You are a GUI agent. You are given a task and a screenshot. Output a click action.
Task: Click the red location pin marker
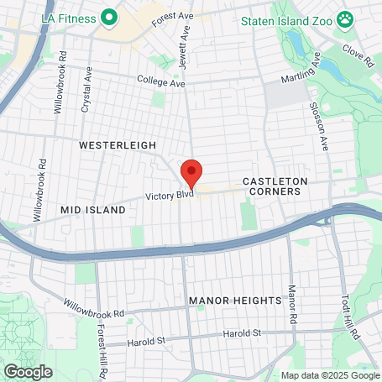pos(191,172)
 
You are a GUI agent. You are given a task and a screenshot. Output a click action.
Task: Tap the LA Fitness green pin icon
pos(108,16)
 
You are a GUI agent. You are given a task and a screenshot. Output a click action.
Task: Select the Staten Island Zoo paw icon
pos(344,18)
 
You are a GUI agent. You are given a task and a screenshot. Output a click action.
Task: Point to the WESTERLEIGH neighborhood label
pos(118,145)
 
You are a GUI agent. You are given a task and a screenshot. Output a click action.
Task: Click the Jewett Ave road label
pos(185,36)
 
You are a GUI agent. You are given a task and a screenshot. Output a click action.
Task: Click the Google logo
pos(28,372)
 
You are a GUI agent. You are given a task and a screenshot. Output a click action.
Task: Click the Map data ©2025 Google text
pos(329,375)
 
